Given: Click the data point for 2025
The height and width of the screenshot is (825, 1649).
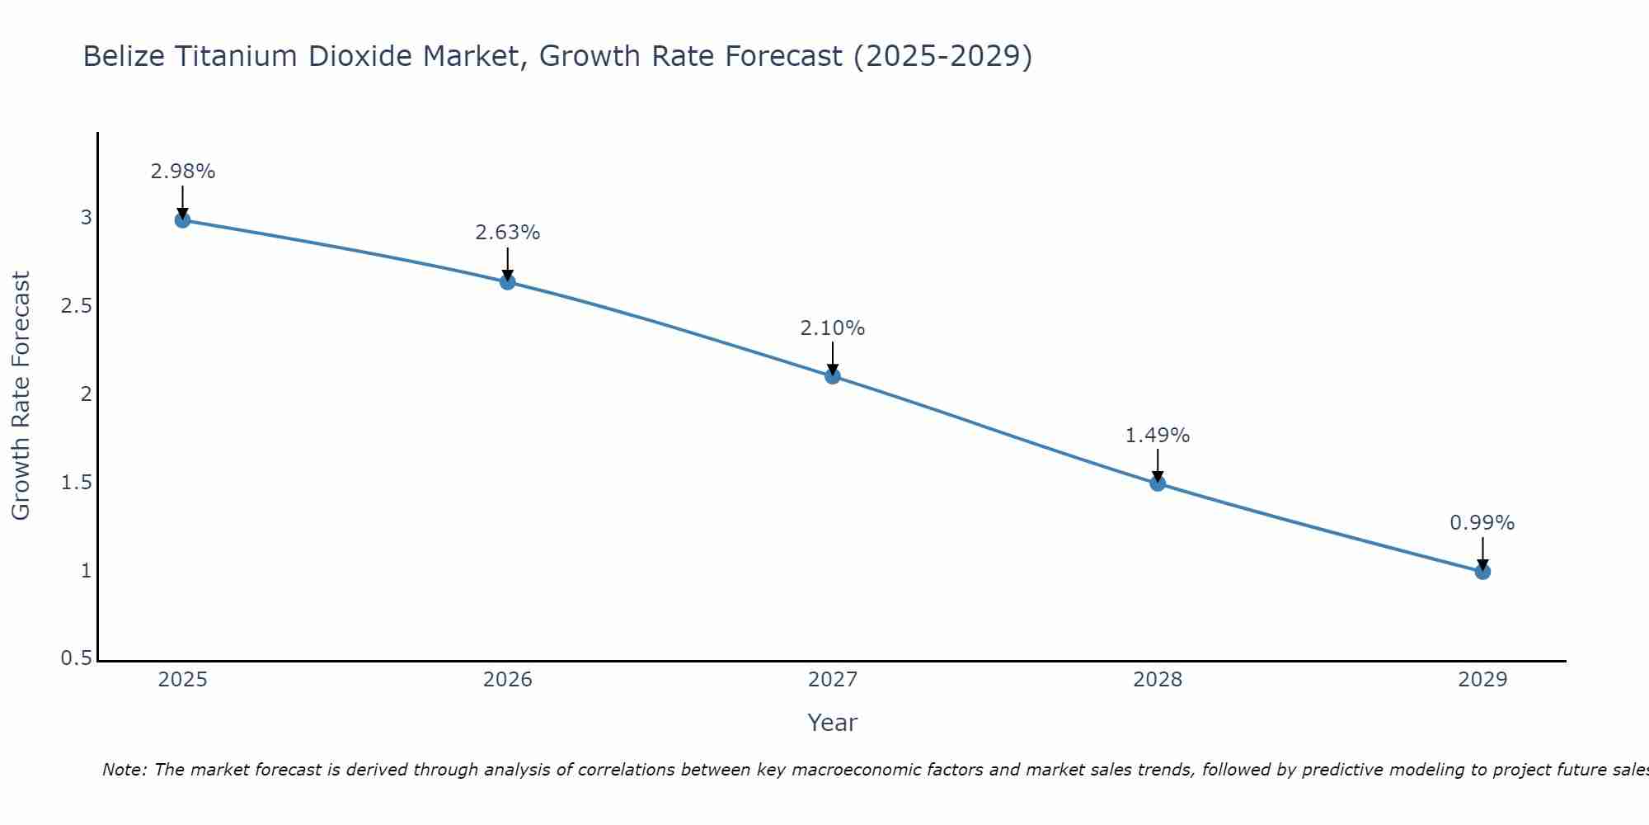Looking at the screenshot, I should (183, 219).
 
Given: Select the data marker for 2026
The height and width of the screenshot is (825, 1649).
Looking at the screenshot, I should (508, 282).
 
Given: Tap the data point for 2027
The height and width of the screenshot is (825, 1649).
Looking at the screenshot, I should (833, 376).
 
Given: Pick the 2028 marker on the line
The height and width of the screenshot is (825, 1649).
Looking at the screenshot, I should (1158, 483).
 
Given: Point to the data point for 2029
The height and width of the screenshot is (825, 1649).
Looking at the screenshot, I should (1482, 571).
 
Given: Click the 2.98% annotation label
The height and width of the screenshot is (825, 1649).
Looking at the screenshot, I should (183, 172).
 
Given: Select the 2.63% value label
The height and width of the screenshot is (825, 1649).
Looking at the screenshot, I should (508, 233).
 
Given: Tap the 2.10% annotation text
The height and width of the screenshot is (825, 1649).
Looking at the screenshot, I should (833, 328).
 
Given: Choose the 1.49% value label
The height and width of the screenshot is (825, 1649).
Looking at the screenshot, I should (1158, 436).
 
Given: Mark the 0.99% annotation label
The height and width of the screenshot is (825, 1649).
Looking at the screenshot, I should (1482, 523).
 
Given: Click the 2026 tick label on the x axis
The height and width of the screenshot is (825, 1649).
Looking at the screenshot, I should (508, 680).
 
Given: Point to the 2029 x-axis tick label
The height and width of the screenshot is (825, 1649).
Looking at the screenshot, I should (1482, 680).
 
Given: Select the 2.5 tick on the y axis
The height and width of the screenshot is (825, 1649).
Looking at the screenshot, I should (76, 306).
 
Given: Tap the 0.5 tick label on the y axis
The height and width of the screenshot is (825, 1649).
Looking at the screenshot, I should (76, 658).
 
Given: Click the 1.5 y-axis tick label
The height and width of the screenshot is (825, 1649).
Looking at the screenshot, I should (76, 483).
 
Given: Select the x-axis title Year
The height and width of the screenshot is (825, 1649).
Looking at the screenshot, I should (833, 723).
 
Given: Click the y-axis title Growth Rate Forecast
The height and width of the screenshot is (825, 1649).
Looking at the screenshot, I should (21, 396).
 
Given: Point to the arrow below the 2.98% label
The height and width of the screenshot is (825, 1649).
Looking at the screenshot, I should (183, 202).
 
